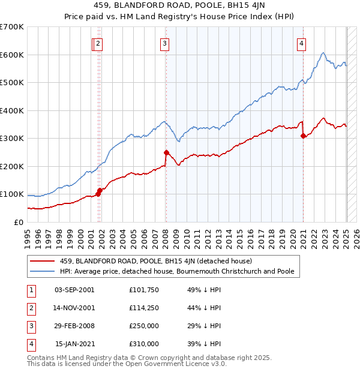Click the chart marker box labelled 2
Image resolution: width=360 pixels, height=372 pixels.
(x=98, y=43)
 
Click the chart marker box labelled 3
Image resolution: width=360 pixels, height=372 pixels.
(x=164, y=43)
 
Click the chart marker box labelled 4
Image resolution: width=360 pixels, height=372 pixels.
(x=301, y=43)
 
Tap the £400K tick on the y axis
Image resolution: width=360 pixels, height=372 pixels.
(x=12, y=110)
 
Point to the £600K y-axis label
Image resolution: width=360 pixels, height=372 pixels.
(x=12, y=55)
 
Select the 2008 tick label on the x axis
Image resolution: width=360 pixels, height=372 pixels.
(x=165, y=235)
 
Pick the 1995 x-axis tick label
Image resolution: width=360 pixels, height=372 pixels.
(x=27, y=235)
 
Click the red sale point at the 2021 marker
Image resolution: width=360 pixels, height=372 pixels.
(x=304, y=136)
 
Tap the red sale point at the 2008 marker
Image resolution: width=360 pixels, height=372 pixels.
(x=166, y=152)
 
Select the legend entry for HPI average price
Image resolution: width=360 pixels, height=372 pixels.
(x=177, y=271)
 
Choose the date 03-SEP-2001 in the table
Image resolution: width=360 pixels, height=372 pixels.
(x=74, y=290)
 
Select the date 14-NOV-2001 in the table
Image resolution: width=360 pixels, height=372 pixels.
(x=74, y=308)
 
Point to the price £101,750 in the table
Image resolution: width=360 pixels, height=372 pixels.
(x=144, y=290)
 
